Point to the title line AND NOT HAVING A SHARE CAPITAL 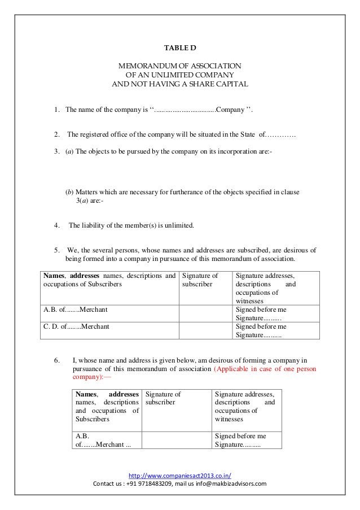(180, 84)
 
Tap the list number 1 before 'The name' (56, 109)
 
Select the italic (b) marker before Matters (70, 192)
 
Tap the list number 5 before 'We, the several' (56, 250)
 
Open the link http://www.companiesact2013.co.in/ (180, 475)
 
